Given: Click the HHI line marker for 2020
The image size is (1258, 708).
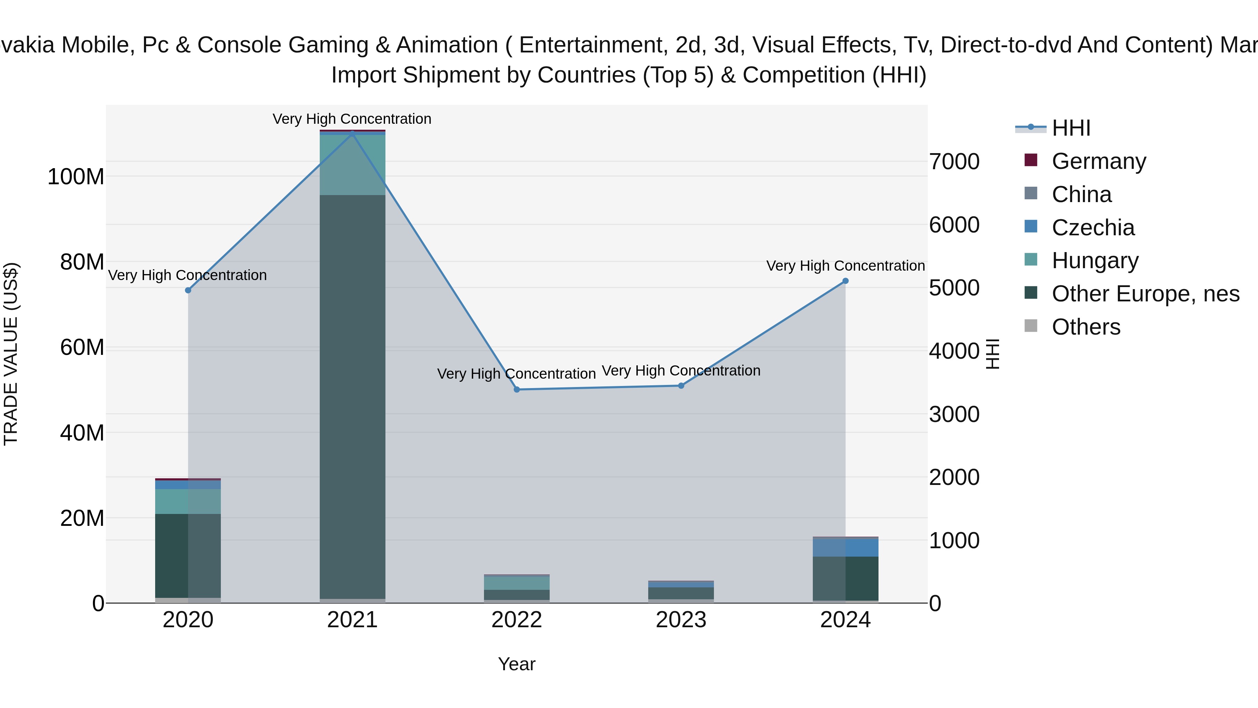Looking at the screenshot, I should [188, 290].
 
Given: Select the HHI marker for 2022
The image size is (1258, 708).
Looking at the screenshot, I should [517, 389].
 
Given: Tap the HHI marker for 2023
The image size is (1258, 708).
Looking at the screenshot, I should [681, 386].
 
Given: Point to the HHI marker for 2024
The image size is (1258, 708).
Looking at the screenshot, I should [845, 281].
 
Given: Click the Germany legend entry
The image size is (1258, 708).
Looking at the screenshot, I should [1098, 161].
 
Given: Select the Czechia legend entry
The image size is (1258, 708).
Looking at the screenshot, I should [1093, 228].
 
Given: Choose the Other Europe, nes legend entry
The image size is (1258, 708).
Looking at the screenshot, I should [1145, 294].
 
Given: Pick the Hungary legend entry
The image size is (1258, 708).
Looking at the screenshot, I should [1095, 260].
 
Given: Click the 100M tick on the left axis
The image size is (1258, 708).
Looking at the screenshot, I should [76, 177].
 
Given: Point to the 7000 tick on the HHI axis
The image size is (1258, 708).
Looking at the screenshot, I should [954, 162].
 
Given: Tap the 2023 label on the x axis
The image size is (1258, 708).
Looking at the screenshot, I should [681, 620].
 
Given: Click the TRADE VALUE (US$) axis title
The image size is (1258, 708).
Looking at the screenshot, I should [11, 354].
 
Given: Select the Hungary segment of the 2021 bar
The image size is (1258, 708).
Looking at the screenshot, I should [352, 165].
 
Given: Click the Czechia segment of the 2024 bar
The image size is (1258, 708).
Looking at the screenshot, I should [845, 547].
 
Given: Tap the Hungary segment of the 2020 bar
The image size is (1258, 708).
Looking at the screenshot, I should [188, 501].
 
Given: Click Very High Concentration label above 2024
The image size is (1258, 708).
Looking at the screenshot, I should [845, 266].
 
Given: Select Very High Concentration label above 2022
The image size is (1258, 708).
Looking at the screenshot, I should [516, 374].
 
